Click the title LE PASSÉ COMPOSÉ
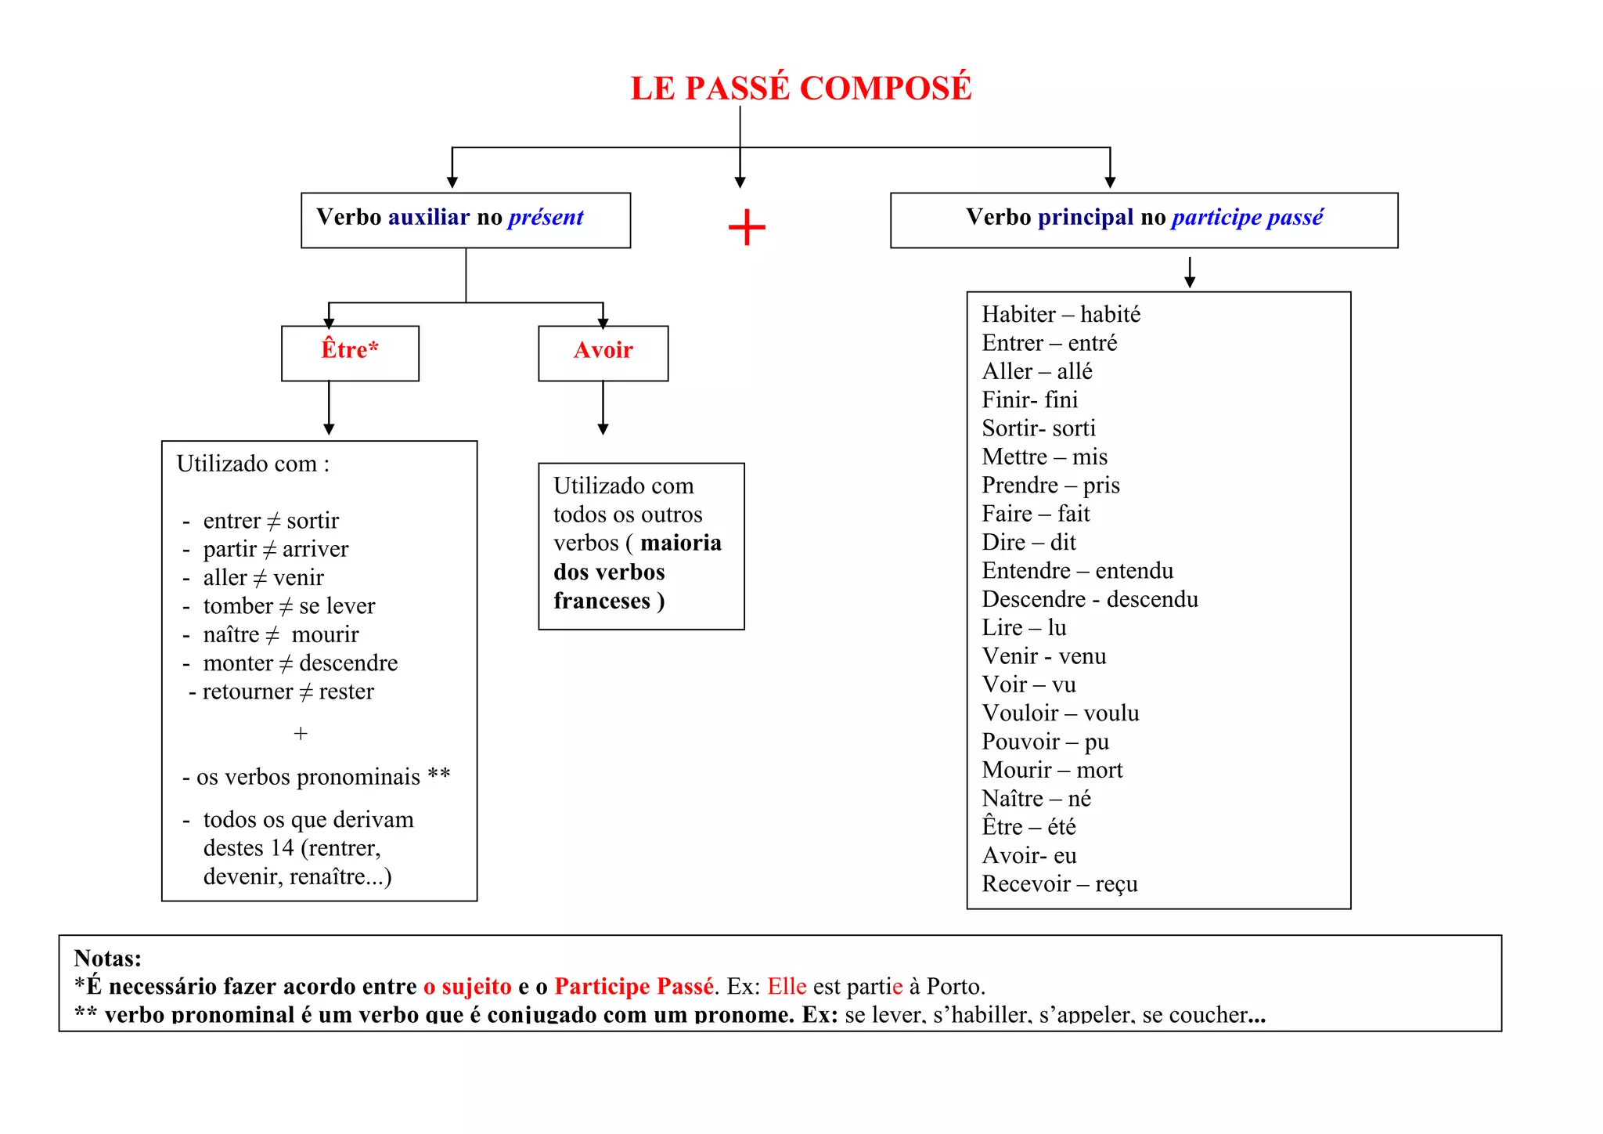(801, 88)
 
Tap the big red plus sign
(747, 228)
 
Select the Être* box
(350, 352)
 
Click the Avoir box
(603, 352)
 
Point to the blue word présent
(546, 217)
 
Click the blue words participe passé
(1247, 217)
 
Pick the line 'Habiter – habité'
(1061, 314)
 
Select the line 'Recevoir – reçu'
(1059, 883)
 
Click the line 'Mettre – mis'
(1044, 457)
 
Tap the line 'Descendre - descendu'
(1090, 599)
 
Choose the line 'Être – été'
(1028, 827)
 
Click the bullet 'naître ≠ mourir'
(280, 634)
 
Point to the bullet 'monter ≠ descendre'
(300, 663)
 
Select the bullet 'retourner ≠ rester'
(287, 692)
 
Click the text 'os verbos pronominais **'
(322, 777)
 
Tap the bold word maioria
(681, 543)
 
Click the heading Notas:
(107, 958)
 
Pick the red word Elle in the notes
(786, 986)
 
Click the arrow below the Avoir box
(603, 409)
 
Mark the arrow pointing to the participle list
(1190, 272)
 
